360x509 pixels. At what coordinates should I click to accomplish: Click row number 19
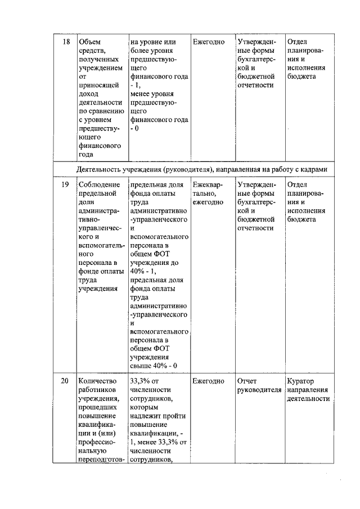(x=65, y=184)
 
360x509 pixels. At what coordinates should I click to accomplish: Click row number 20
(x=65, y=381)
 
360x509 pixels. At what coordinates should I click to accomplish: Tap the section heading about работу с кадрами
(x=202, y=169)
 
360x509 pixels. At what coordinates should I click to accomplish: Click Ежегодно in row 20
(x=208, y=381)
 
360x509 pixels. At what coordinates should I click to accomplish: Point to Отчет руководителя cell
(x=259, y=386)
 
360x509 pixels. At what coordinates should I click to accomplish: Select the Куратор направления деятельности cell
(x=308, y=390)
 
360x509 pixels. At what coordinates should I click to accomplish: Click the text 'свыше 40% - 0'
(x=154, y=366)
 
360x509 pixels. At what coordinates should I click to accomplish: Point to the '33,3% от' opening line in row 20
(x=144, y=381)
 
